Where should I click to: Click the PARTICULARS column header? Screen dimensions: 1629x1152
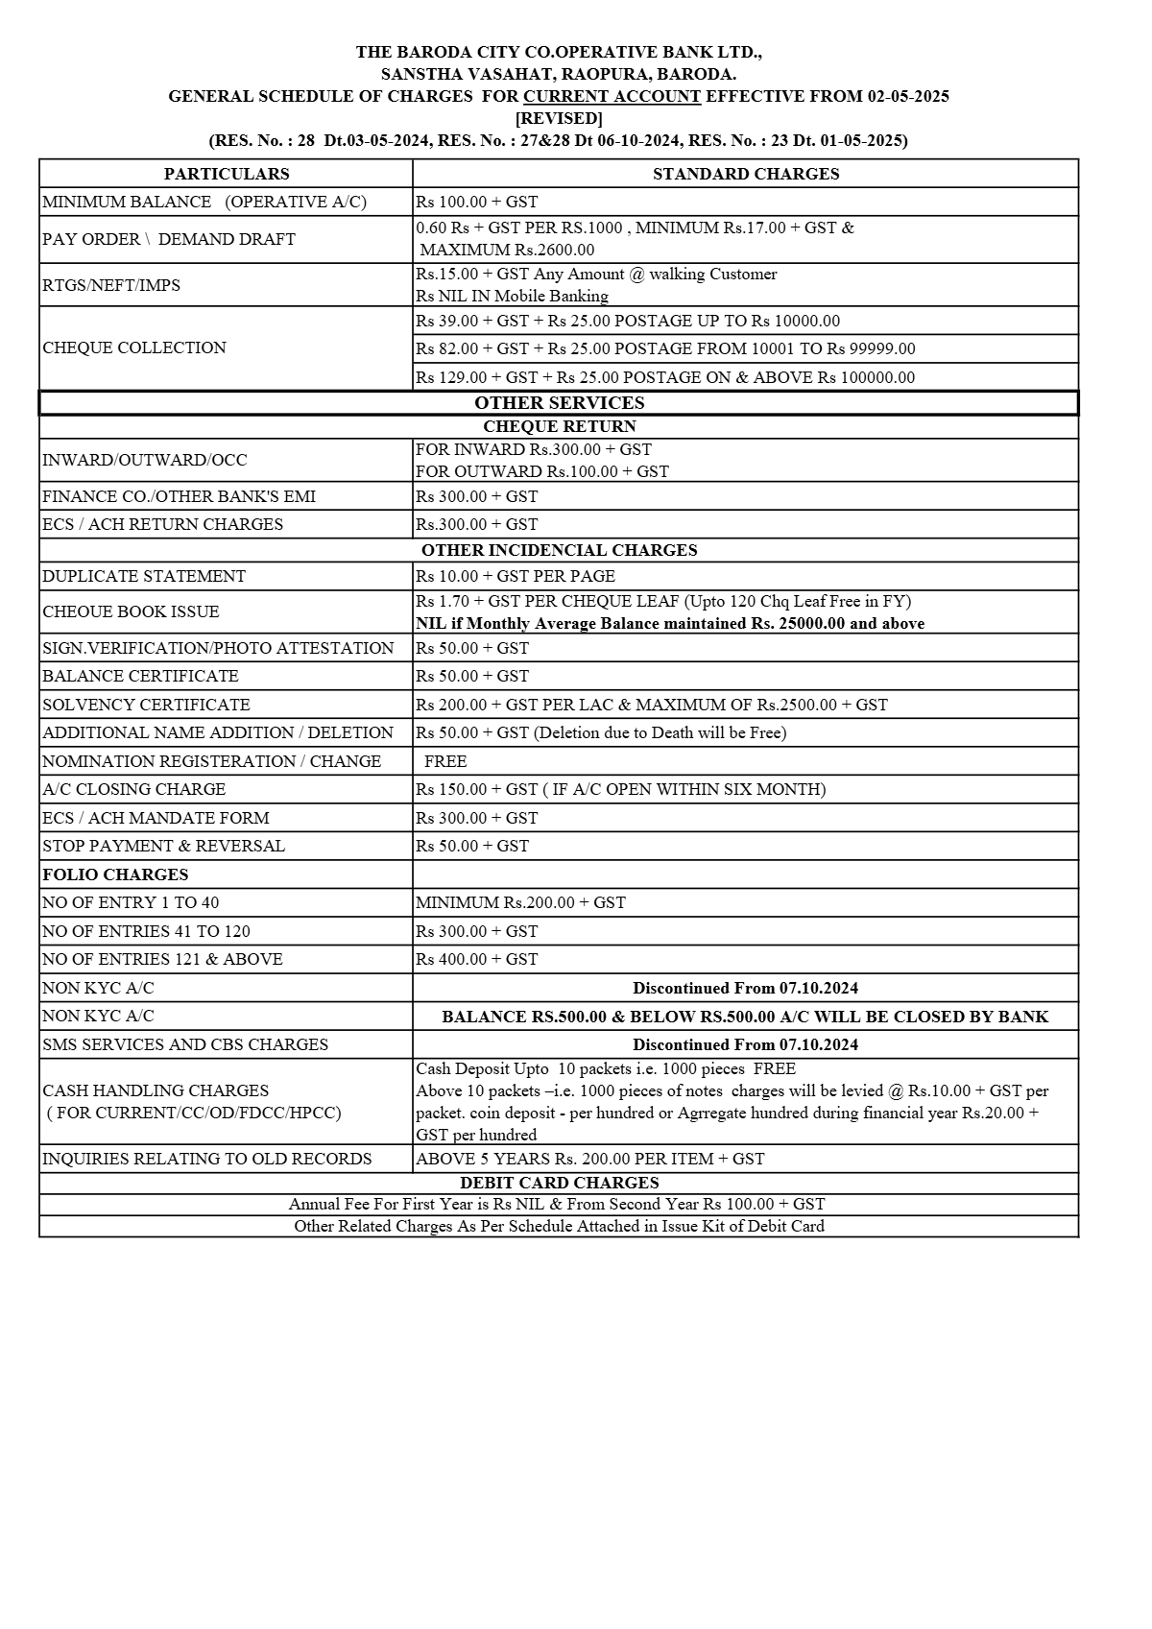point(226,174)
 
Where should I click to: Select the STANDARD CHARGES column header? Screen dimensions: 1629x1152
point(746,174)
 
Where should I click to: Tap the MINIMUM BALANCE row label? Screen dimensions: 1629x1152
point(204,202)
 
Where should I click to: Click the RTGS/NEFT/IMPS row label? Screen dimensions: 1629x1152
point(111,285)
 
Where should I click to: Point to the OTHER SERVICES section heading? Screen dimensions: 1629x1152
point(559,403)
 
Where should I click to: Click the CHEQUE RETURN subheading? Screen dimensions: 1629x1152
point(559,426)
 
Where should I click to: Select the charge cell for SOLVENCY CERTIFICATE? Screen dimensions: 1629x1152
point(652,705)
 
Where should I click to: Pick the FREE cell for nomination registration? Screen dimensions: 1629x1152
point(445,761)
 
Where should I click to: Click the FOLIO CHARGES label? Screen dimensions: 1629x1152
point(115,874)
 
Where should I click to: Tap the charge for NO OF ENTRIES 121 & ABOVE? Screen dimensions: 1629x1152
point(476,959)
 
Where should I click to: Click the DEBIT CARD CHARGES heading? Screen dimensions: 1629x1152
point(559,1183)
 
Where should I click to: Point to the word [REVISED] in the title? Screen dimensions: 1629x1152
point(559,118)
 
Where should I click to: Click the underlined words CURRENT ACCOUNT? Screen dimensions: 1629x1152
point(612,96)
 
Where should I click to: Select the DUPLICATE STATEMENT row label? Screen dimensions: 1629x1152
point(144,576)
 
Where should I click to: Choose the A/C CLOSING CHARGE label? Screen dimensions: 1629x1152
point(134,789)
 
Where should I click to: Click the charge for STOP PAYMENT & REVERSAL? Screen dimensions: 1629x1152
point(472,846)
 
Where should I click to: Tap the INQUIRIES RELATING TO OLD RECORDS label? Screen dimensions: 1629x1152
point(207,1159)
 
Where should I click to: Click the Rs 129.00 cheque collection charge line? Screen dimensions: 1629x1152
point(665,377)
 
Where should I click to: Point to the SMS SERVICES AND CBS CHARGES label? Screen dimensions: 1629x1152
point(185,1044)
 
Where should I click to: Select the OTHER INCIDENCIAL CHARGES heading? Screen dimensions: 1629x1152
point(559,550)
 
